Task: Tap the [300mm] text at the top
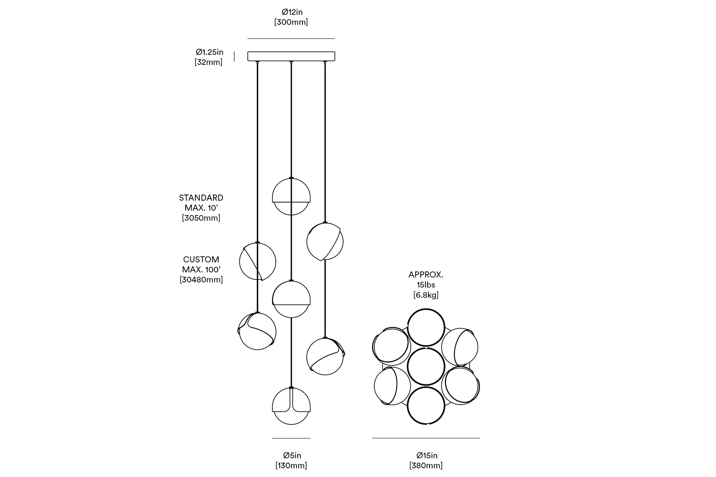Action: tap(291, 22)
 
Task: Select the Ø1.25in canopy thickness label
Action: tap(209, 52)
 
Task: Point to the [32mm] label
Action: tap(208, 62)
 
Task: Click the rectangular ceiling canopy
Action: tap(291, 56)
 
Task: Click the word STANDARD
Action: tap(201, 198)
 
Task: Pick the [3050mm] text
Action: tap(201, 218)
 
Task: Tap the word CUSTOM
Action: tap(201, 259)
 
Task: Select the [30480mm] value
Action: tap(201, 280)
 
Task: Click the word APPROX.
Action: tap(426, 275)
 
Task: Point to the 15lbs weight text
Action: tap(426, 285)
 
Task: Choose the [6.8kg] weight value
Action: tap(426, 295)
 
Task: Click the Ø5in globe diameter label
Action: tap(292, 456)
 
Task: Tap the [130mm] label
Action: tap(291, 466)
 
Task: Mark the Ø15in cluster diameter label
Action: tap(427, 456)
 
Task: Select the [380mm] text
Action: tap(426, 466)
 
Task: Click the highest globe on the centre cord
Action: tap(291, 197)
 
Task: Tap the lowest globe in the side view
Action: tap(291, 406)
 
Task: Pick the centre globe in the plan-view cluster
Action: tap(426, 367)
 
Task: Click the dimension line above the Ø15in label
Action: tap(426, 438)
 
